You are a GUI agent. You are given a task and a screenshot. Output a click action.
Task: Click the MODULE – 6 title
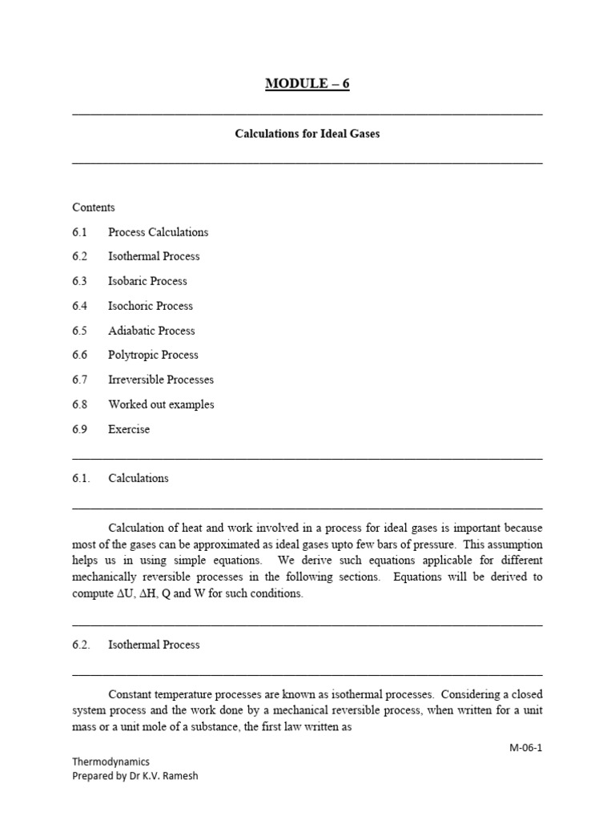click(x=307, y=84)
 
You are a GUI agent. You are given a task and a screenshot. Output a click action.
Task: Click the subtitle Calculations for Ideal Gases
click(x=307, y=134)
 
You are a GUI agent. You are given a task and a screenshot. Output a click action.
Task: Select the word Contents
click(x=94, y=207)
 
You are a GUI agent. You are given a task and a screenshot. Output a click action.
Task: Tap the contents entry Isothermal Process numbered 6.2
click(x=154, y=256)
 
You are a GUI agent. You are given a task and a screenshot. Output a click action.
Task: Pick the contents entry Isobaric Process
click(x=147, y=281)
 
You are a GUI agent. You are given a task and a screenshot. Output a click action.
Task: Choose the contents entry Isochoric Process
click(x=151, y=306)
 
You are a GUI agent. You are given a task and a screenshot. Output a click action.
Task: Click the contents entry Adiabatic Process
click(x=151, y=331)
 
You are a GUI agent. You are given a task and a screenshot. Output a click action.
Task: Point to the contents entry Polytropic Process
click(x=153, y=355)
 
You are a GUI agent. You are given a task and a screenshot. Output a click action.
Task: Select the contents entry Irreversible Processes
click(x=161, y=380)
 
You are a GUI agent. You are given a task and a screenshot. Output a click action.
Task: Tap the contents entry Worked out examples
click(x=161, y=404)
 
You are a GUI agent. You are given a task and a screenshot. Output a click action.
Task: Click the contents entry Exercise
click(x=129, y=429)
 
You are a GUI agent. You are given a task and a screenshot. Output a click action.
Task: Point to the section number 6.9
click(x=79, y=429)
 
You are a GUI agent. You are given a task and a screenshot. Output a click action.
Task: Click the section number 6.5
click(x=79, y=331)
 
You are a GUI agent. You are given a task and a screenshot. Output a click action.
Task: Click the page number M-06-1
click(x=525, y=748)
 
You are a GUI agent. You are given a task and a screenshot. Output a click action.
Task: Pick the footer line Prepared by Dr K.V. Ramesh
click(x=135, y=775)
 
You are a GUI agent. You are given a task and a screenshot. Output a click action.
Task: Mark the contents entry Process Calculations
click(x=158, y=232)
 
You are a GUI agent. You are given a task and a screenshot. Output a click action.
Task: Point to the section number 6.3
click(x=79, y=281)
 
